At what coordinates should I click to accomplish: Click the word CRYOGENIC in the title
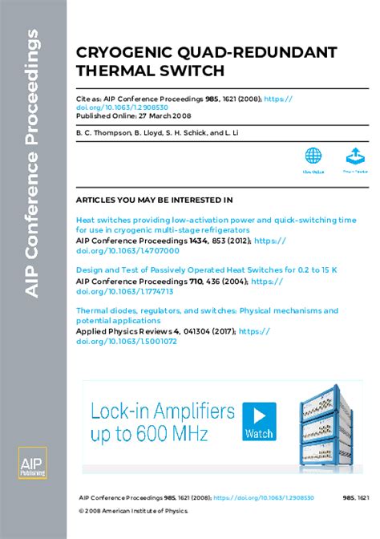coord(114,52)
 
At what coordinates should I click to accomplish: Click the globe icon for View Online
coord(313,156)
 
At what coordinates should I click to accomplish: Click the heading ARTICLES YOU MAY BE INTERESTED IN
coord(154,199)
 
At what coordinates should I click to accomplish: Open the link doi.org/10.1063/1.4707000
coord(127,249)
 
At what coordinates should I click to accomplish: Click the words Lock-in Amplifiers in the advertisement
coord(163,412)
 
